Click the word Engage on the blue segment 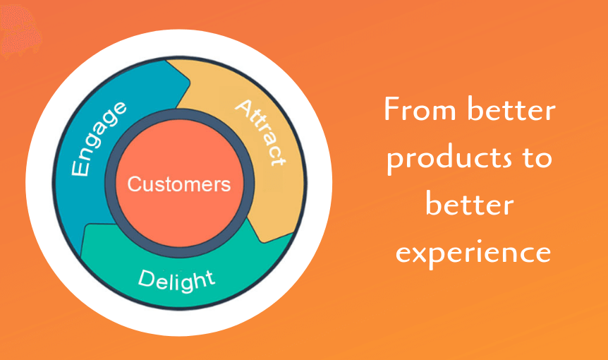click(x=99, y=138)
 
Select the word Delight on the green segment click(x=176, y=280)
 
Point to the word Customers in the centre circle click(x=179, y=185)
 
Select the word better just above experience click(x=469, y=205)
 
